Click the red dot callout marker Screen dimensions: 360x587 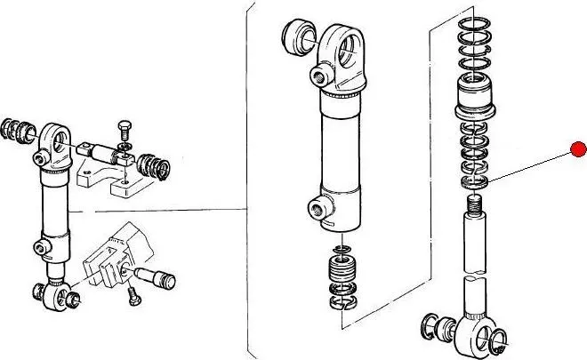point(579,148)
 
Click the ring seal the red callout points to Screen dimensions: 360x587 point(476,182)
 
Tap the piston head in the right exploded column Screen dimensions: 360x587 point(477,97)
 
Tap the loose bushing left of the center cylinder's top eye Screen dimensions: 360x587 point(297,37)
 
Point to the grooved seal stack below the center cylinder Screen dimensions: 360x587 point(341,270)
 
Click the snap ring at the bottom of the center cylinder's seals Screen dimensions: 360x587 point(342,305)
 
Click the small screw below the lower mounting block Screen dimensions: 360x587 point(134,296)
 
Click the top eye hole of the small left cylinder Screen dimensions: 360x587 point(54,138)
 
